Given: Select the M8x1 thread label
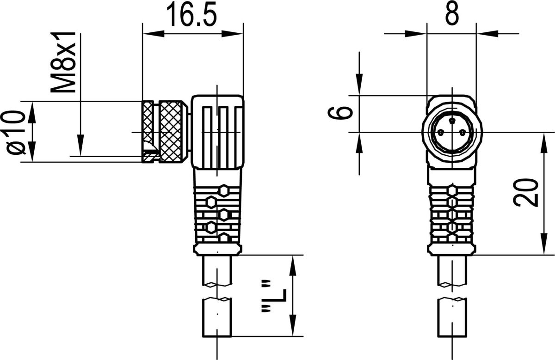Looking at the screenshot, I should pyautogui.click(x=64, y=62).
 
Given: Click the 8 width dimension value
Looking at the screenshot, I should pyautogui.click(x=451, y=14).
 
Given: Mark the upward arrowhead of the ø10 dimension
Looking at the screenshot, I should pyautogui.click(x=33, y=109).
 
